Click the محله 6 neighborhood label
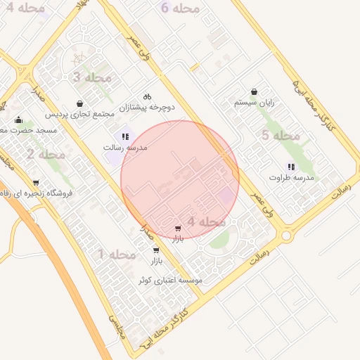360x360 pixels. point(180,8)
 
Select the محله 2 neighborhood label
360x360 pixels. point(46,154)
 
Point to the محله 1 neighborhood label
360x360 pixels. point(117,253)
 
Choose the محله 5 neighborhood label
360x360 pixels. point(281,135)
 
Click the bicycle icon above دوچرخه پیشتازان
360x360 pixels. point(147,96)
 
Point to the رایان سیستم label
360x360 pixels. point(254,103)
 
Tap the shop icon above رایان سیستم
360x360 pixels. point(254,91)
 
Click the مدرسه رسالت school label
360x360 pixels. point(124,148)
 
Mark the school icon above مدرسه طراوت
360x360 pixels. point(291,167)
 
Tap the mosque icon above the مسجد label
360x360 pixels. point(18,120)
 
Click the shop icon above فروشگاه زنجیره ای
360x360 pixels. point(34,181)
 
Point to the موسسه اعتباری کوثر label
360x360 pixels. point(170,280)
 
